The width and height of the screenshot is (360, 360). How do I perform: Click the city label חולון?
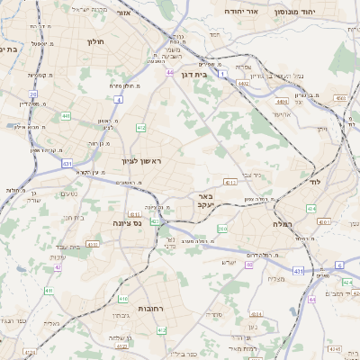[96, 42]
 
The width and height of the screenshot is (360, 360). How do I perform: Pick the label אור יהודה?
[241, 12]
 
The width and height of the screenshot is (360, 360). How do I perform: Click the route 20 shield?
[32, 94]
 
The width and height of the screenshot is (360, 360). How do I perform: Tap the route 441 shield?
[67, 115]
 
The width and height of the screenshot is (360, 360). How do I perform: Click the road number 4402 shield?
[242, 83]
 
